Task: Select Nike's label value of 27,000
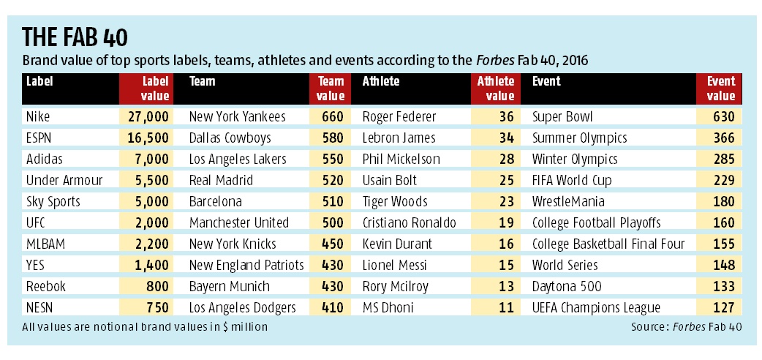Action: point(149,116)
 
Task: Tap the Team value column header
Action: point(331,89)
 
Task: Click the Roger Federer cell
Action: point(399,116)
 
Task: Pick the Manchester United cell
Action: point(238,222)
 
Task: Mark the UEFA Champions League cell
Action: point(596,307)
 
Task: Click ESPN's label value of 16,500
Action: point(149,138)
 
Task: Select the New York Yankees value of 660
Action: point(332,116)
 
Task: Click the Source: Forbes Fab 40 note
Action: point(685,326)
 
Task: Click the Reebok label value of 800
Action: point(156,286)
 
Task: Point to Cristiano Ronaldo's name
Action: point(410,222)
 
